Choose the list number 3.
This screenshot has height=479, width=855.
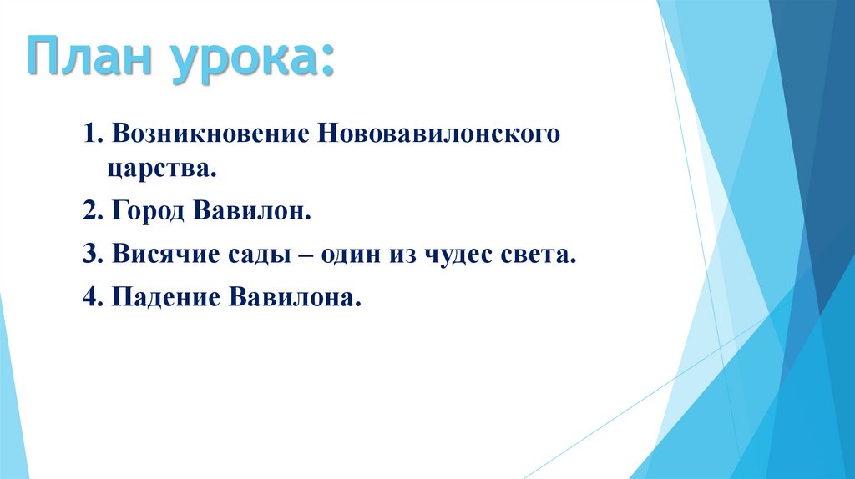pos(90,256)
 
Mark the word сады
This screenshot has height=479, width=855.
pos(245,257)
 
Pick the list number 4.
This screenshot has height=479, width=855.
pos(90,298)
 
